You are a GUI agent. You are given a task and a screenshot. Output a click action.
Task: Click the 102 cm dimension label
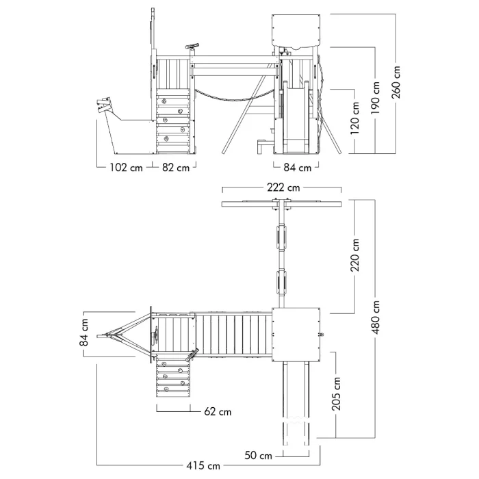[x=126, y=168]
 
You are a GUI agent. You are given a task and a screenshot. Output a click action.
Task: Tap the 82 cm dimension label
[x=175, y=168]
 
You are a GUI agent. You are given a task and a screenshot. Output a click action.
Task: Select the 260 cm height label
[x=398, y=82]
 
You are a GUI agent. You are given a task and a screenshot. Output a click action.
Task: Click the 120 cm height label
[x=355, y=120]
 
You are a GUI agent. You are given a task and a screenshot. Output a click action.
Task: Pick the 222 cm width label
[x=283, y=187]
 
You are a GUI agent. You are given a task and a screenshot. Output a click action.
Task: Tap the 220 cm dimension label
[x=355, y=255]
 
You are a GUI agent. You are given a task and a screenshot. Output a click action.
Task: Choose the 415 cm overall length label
[x=205, y=466]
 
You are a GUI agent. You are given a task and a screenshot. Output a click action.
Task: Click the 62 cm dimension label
[x=218, y=412]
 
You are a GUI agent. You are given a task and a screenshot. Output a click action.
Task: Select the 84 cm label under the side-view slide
[x=297, y=168]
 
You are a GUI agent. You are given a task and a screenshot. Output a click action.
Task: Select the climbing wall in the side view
[x=173, y=120]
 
